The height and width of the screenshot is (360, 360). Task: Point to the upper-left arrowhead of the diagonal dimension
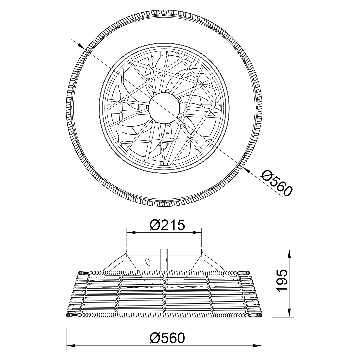click(81, 46)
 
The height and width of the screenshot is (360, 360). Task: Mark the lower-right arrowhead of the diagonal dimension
click(247, 170)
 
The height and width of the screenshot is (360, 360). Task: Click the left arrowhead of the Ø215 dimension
click(131, 233)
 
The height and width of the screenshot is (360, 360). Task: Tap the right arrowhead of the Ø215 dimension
click(197, 233)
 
